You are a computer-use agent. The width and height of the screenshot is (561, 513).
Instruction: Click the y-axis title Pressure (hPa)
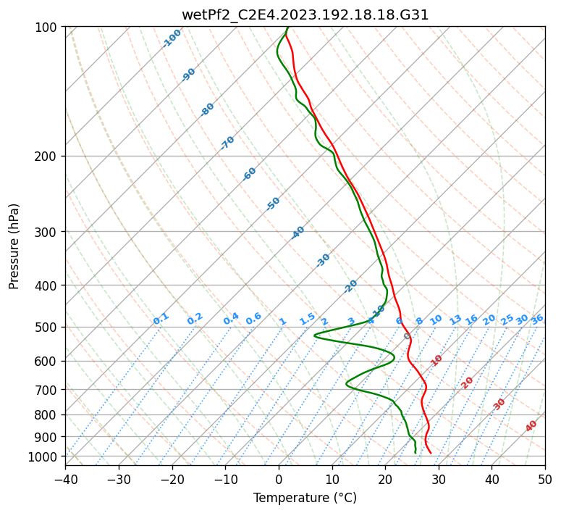(x=14, y=246)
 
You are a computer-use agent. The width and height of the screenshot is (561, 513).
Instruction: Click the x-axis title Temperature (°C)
(x=305, y=498)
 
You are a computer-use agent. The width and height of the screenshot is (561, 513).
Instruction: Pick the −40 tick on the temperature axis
(x=65, y=479)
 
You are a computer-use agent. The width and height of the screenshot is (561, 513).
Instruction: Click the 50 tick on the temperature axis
(x=545, y=479)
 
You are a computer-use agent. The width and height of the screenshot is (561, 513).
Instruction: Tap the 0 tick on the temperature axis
(x=279, y=479)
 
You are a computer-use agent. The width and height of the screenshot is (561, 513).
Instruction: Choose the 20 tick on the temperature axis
(x=385, y=479)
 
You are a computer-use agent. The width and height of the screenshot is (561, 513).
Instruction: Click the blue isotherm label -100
(x=172, y=38)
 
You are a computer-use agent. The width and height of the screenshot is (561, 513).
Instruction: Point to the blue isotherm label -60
(x=250, y=174)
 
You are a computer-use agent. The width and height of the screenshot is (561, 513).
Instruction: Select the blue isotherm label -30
(x=323, y=260)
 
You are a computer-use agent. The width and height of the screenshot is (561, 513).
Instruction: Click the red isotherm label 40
(x=531, y=426)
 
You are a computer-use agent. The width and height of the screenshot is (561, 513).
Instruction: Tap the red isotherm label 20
(x=468, y=382)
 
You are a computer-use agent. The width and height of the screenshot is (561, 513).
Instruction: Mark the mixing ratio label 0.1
(x=161, y=319)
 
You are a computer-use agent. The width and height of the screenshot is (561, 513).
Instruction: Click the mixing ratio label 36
(x=537, y=319)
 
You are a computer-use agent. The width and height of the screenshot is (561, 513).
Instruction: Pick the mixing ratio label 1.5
(x=307, y=319)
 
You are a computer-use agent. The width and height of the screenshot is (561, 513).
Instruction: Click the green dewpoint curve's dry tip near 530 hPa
(x=315, y=335)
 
